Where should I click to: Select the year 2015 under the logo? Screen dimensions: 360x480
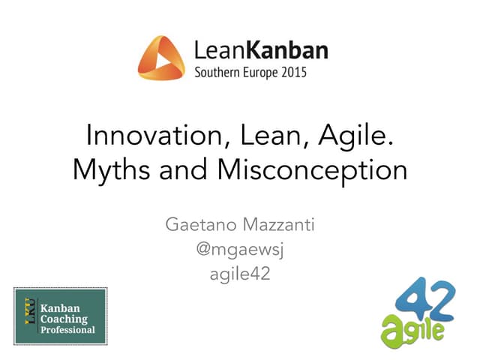click(x=292, y=73)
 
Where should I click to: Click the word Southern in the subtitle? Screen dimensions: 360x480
click(x=218, y=73)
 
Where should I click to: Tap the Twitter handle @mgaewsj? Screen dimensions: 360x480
click(x=240, y=250)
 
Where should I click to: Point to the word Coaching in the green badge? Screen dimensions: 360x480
click(x=66, y=318)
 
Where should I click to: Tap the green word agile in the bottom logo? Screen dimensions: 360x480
click(x=411, y=328)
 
